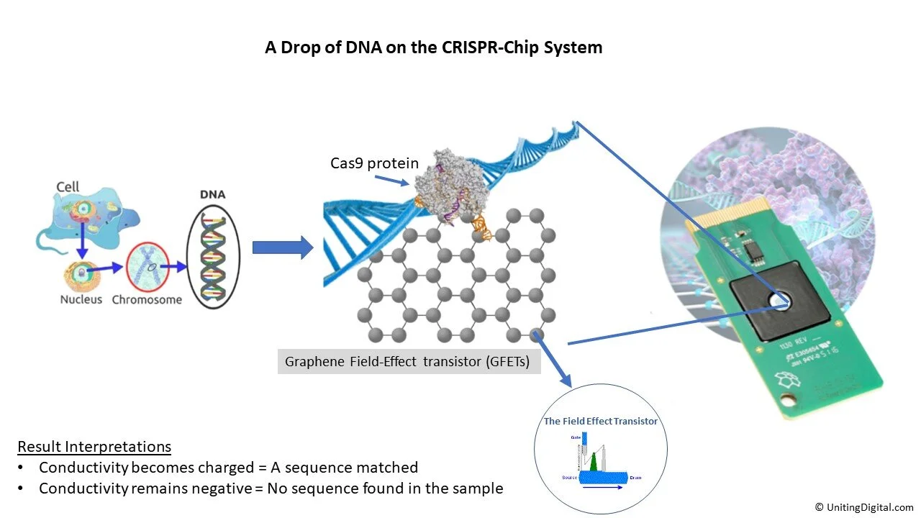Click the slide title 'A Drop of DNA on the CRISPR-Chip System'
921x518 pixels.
(434, 48)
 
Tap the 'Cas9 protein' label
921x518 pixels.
(374, 163)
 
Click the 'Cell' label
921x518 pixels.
(68, 187)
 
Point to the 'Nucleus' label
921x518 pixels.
(81, 299)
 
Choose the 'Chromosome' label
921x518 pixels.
(147, 299)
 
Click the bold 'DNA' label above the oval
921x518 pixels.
(212, 194)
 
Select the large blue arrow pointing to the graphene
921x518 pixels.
(283, 247)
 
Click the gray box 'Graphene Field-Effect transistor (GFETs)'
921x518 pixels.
(409, 361)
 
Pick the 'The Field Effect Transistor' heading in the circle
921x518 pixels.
(600, 421)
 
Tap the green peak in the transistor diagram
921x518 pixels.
(594, 460)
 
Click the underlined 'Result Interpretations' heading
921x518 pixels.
(94, 446)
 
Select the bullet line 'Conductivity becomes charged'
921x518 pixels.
(228, 468)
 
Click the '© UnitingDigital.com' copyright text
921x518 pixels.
(864, 506)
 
